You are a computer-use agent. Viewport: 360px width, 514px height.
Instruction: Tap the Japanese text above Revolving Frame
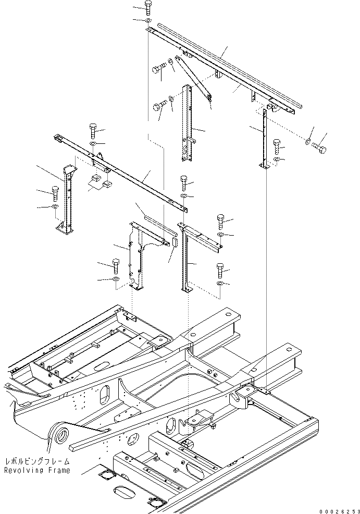(x=38, y=461)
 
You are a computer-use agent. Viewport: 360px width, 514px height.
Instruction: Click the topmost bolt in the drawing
(x=147, y=7)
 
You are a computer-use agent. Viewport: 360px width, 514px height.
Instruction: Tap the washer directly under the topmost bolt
(x=148, y=21)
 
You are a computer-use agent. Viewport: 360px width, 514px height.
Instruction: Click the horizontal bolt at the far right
(x=319, y=148)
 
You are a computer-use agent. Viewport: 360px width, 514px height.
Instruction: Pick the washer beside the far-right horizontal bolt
(x=308, y=142)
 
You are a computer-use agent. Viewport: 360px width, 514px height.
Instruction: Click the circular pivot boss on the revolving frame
(x=61, y=437)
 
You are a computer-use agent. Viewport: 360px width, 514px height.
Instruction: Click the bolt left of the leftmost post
(x=55, y=193)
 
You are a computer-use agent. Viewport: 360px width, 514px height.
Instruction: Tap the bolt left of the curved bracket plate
(x=116, y=266)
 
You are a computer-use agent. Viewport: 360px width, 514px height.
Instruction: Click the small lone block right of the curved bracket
(x=175, y=242)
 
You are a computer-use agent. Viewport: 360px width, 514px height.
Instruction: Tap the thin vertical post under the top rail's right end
(x=265, y=137)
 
